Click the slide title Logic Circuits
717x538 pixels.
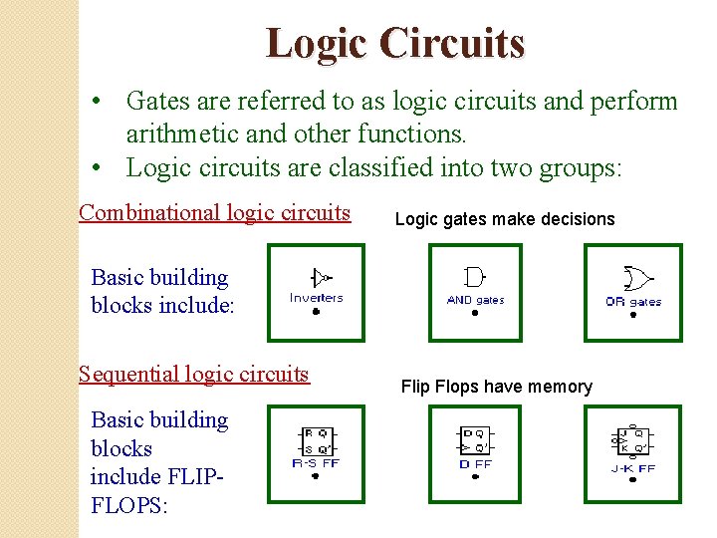point(394,44)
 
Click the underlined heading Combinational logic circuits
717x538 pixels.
point(214,212)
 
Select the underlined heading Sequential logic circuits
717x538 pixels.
point(194,374)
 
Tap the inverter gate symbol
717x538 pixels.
point(320,278)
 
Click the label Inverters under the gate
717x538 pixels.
point(316,297)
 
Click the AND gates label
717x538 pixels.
point(475,300)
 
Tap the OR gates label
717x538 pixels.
point(633,301)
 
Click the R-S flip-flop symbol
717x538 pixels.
point(316,440)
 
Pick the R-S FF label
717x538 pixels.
point(316,462)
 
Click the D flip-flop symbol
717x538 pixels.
point(474,440)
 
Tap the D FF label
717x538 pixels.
point(475,463)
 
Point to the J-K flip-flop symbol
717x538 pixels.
point(631,441)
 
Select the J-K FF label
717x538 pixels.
point(633,468)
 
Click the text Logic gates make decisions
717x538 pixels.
point(505,219)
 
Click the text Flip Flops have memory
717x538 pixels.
point(496,387)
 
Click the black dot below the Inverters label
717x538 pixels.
point(316,312)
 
